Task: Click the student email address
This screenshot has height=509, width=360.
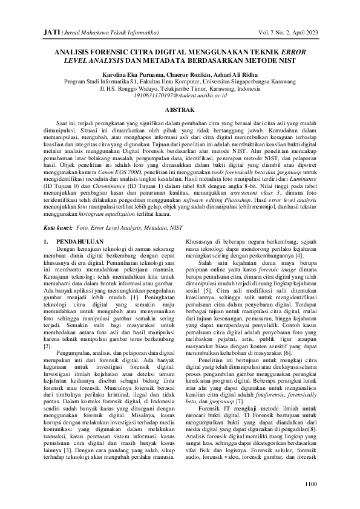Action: [x=180, y=96]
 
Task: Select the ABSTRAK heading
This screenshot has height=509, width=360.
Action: [x=180, y=110]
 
